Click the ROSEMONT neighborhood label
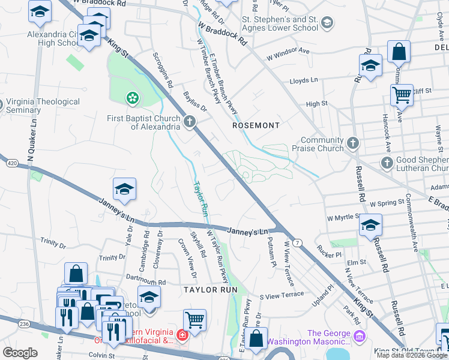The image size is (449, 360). (256, 125)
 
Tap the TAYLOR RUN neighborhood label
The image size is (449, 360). (211, 289)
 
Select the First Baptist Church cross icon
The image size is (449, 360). (190, 122)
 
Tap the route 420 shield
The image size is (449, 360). (13, 163)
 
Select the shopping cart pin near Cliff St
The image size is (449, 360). (402, 95)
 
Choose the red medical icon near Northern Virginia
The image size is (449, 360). (182, 334)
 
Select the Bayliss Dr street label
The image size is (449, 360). (194, 104)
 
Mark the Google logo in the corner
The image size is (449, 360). (20, 353)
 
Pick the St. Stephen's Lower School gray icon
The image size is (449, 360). (327, 23)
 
